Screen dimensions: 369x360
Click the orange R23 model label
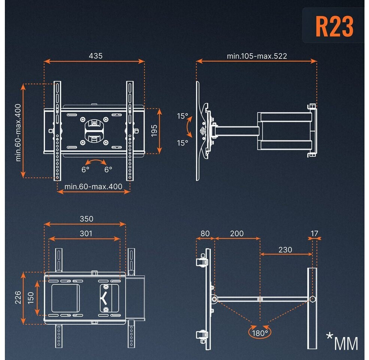[x=334, y=26]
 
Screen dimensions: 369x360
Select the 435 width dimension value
[x=96, y=56]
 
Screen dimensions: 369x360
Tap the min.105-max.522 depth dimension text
[x=257, y=56]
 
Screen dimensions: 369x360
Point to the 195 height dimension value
[x=154, y=130]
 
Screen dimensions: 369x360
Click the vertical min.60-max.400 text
[x=18, y=133]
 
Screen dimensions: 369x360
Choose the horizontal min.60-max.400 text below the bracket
[x=93, y=187]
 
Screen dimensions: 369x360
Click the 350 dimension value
[x=87, y=219]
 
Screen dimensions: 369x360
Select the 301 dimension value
[x=86, y=234]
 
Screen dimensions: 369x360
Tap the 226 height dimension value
[x=18, y=297]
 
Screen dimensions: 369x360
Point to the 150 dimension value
[x=31, y=298]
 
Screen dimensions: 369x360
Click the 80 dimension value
[x=205, y=234]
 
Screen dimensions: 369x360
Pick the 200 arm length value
[x=237, y=234]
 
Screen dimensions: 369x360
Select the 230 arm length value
[x=285, y=250]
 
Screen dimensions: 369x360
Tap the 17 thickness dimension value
[x=314, y=234]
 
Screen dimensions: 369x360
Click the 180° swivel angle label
[x=260, y=333]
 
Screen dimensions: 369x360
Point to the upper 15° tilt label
[x=182, y=116]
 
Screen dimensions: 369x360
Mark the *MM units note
[x=342, y=341]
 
